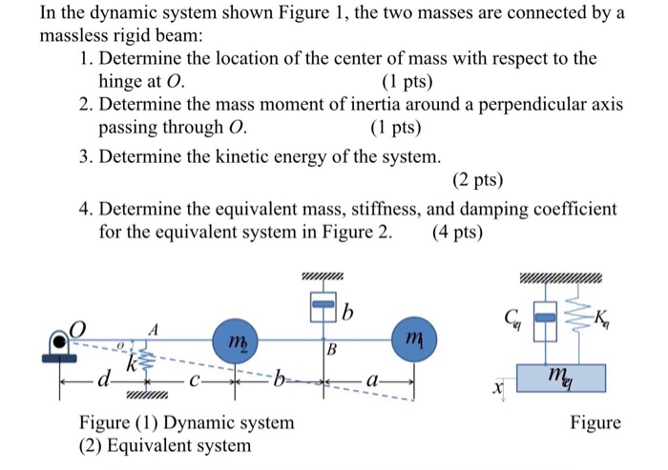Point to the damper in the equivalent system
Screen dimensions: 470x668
coord(540,320)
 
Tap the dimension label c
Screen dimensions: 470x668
coord(194,384)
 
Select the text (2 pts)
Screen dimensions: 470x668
coord(475,180)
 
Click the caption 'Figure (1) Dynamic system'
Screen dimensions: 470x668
coord(186,422)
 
